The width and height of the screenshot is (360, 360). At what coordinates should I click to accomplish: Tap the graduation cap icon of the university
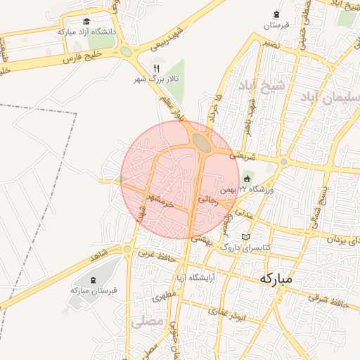tap(86, 22)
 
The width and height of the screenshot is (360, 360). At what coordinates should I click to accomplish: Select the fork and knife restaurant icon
tap(156, 68)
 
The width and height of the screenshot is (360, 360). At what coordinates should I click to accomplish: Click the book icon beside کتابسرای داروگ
tap(245, 237)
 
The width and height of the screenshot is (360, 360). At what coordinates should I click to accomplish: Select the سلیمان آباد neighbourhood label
tap(330, 96)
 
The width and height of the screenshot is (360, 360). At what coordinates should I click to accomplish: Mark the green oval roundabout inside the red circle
tap(202, 143)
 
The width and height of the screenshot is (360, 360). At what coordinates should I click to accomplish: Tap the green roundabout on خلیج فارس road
tap(126, 51)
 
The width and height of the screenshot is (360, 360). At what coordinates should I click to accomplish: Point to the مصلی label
tap(148, 321)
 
